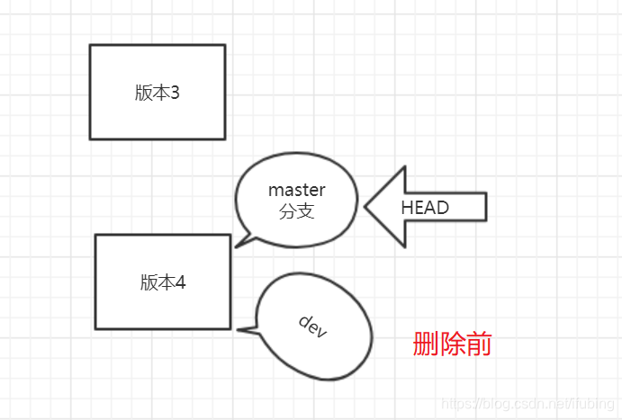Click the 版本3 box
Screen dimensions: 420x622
[x=158, y=92]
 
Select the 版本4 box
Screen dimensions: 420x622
[x=163, y=281]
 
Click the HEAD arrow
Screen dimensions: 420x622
[x=423, y=207]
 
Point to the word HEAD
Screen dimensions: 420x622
[x=425, y=208]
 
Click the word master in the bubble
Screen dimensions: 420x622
[x=296, y=191]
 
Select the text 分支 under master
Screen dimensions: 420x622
[x=296, y=213]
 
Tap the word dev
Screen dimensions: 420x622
[x=312, y=326]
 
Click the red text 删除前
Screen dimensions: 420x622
[x=452, y=344]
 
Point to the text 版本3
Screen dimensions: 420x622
[x=158, y=93]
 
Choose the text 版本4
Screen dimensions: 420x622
[x=163, y=281]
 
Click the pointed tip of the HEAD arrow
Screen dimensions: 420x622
[x=366, y=207]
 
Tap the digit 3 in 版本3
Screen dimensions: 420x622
[x=175, y=93]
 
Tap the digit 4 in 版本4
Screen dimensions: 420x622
[x=180, y=281]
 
